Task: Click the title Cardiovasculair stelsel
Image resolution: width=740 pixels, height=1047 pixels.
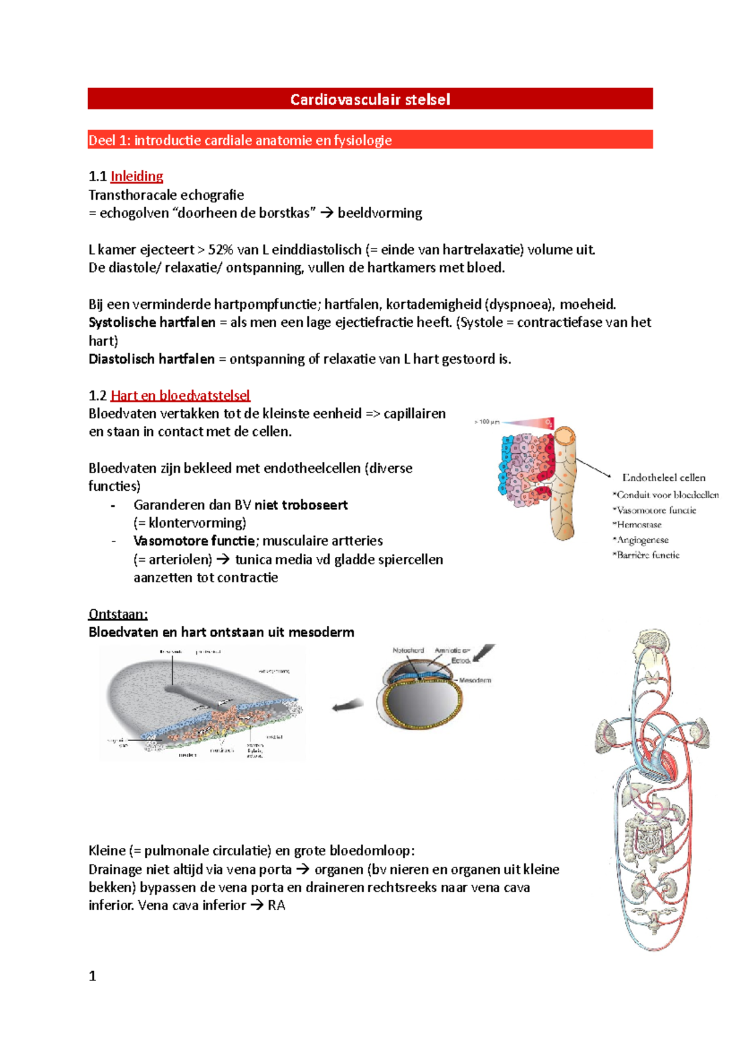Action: pyautogui.click(x=370, y=99)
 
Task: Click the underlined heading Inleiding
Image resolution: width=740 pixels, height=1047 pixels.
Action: pyautogui.click(x=136, y=176)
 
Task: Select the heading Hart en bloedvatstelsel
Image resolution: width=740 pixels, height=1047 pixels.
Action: pyautogui.click(x=180, y=395)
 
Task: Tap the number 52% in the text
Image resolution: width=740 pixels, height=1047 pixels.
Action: pyautogui.click(x=220, y=250)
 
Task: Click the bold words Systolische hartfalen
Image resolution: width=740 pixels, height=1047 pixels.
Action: pyautogui.click(x=152, y=322)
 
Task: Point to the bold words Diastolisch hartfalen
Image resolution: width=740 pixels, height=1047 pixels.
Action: pyautogui.click(x=152, y=359)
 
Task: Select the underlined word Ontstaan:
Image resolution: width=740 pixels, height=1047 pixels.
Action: pyautogui.click(x=118, y=614)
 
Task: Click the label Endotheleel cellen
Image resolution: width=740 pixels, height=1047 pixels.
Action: pyautogui.click(x=664, y=477)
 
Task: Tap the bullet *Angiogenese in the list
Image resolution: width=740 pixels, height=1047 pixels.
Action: pyautogui.click(x=641, y=540)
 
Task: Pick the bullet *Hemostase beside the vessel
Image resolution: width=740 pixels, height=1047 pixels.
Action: pyautogui.click(x=637, y=525)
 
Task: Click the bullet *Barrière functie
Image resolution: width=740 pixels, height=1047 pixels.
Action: pyautogui.click(x=646, y=555)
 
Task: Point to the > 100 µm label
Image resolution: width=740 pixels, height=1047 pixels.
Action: pyautogui.click(x=486, y=422)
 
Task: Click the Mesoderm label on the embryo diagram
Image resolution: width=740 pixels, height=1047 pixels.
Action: pyautogui.click(x=475, y=680)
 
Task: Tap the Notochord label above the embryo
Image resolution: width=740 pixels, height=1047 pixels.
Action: pyautogui.click(x=408, y=651)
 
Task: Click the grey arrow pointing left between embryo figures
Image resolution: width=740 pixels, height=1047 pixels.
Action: pyautogui.click(x=347, y=705)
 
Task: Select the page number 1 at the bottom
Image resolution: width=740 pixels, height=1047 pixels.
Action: pyautogui.click(x=92, y=976)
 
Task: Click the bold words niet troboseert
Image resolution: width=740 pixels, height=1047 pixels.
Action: pyautogui.click(x=301, y=505)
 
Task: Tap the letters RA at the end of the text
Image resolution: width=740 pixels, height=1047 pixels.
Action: pyautogui.click(x=276, y=906)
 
